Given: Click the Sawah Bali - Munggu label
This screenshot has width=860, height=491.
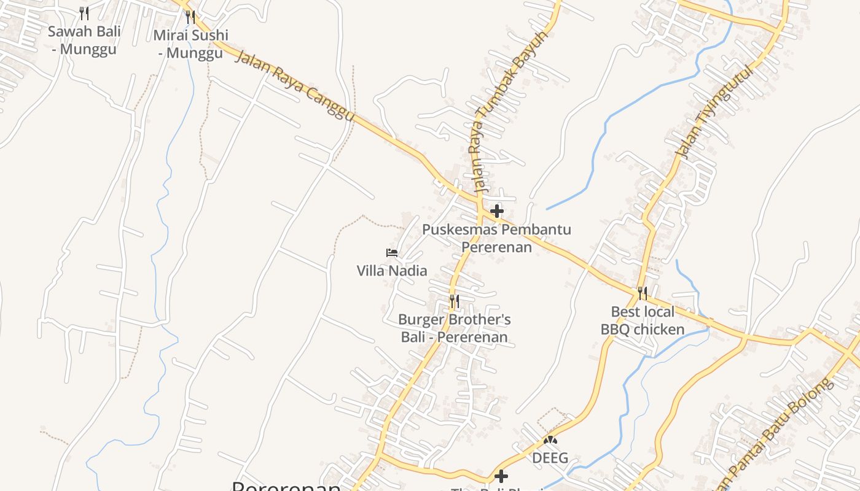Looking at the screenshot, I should [84, 41].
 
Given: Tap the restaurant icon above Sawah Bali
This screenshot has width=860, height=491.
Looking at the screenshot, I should [84, 13].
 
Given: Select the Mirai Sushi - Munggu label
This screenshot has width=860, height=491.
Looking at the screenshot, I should [190, 44].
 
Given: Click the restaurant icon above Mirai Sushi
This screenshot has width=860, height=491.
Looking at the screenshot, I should [190, 17].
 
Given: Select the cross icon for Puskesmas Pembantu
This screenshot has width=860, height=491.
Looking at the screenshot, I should [497, 211].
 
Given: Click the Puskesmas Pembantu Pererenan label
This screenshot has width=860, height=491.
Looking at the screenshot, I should [496, 238].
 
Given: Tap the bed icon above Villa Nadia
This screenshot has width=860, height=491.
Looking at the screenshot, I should [392, 252].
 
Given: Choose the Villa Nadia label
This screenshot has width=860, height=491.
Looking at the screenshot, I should [392, 270].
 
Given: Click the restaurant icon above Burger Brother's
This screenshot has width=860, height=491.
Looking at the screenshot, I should [454, 301].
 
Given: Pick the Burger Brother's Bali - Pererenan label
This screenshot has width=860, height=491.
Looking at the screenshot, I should [455, 328].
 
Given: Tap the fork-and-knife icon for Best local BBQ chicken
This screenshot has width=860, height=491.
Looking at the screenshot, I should [643, 293].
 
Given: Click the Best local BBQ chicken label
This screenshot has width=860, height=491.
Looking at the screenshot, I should [643, 320].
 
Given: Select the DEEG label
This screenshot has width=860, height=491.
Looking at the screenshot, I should [550, 458].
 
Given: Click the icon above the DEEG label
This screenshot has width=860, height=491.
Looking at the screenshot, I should [550, 440].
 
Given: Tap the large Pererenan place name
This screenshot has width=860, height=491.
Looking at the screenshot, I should [286, 486].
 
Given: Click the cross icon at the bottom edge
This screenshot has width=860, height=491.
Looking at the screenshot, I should [501, 476].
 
